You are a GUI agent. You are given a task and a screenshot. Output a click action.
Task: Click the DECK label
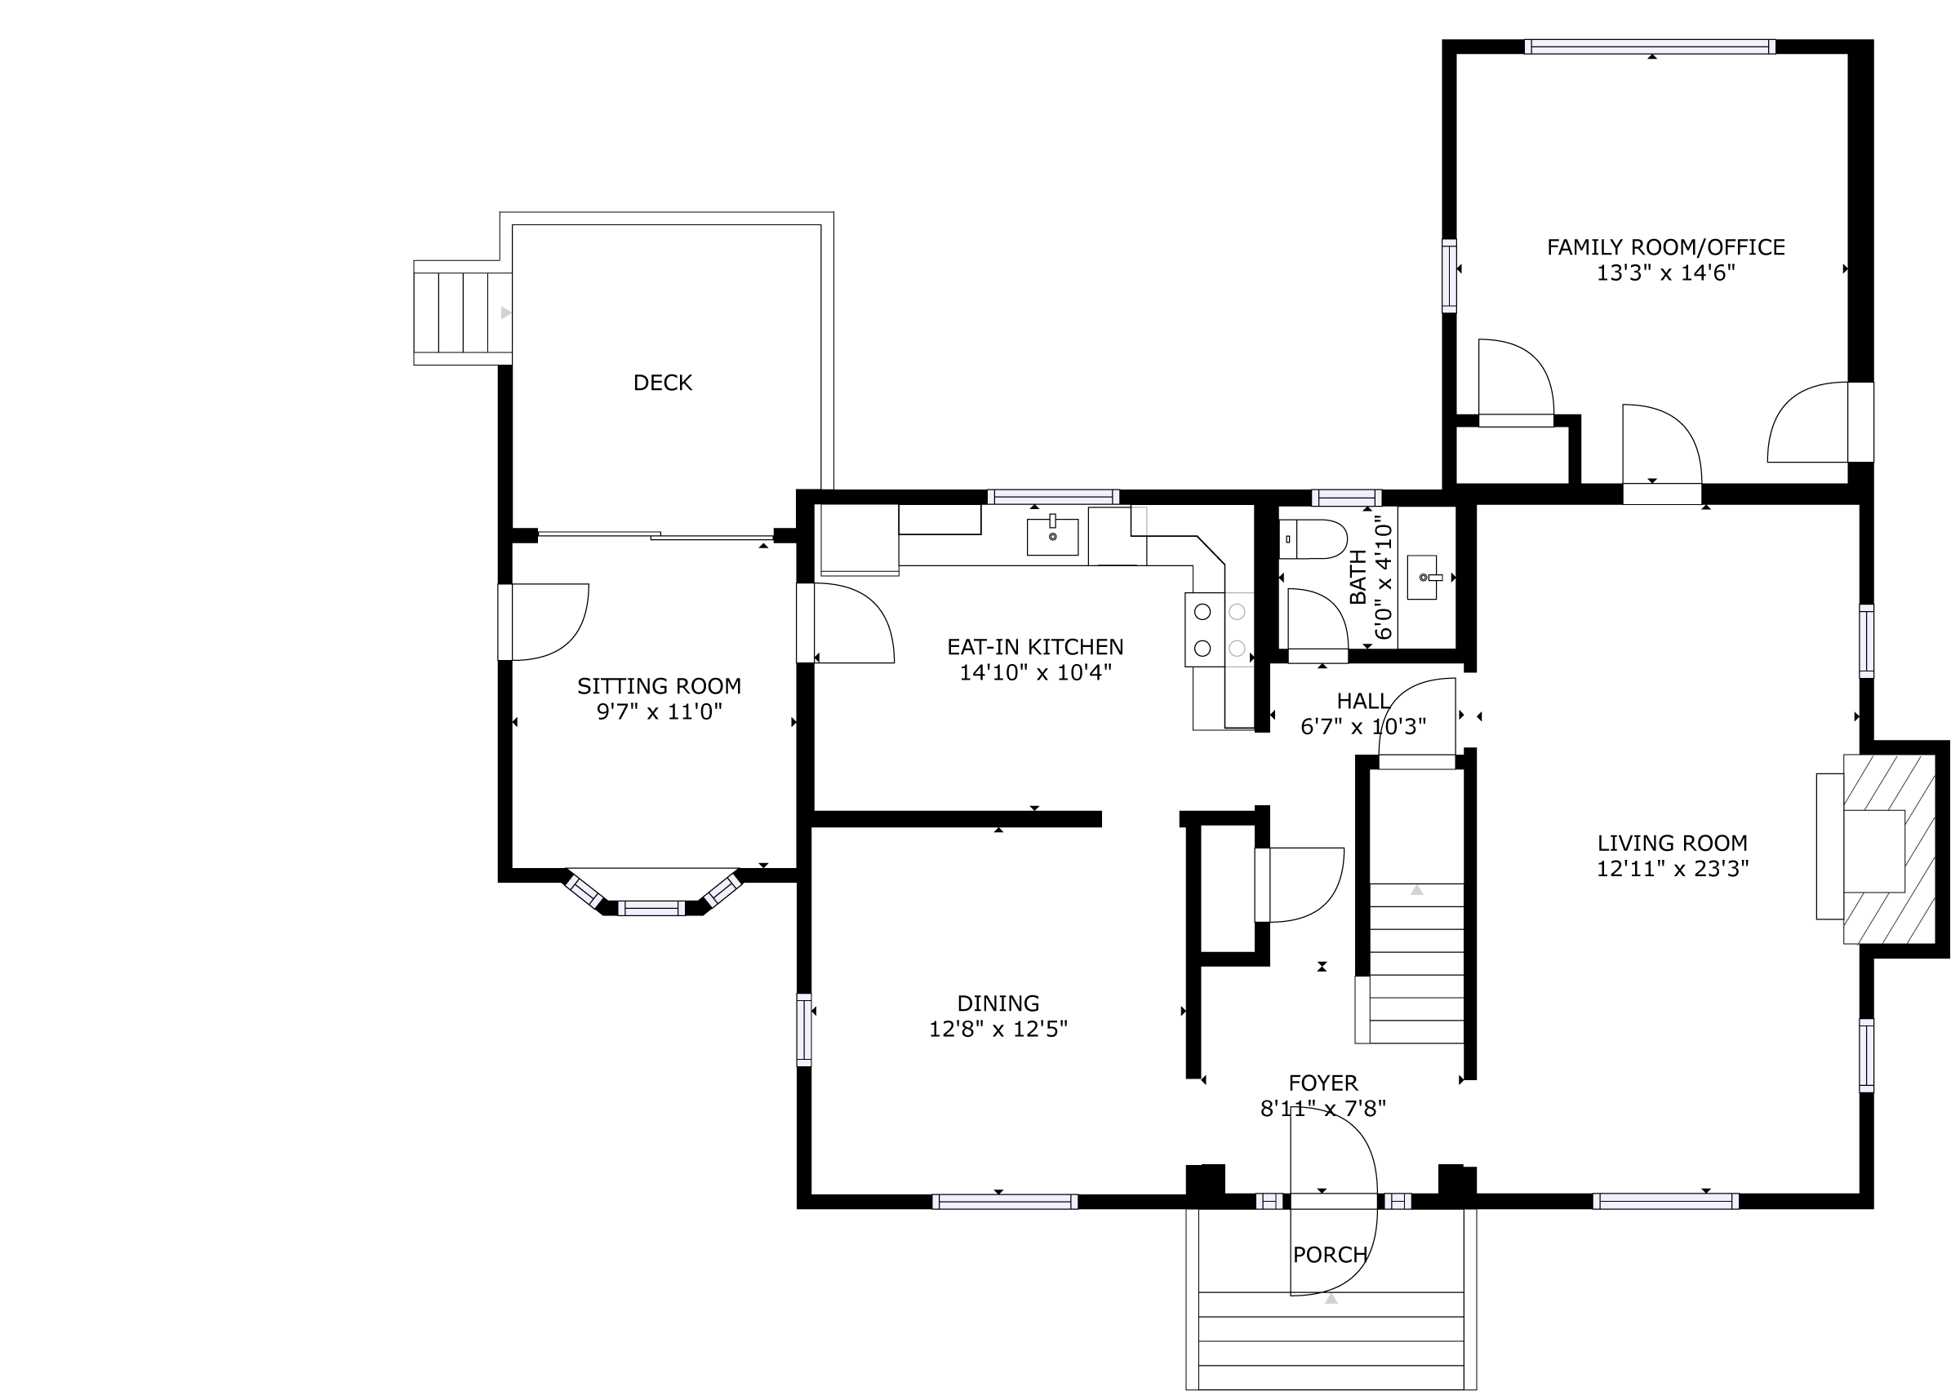click(662, 383)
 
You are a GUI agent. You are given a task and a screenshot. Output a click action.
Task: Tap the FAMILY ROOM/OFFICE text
click(1665, 247)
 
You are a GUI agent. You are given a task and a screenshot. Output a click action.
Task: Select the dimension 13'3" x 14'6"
click(1665, 273)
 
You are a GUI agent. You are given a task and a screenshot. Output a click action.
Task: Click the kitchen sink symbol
click(1052, 536)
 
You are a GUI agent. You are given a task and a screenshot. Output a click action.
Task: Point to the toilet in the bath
click(1313, 538)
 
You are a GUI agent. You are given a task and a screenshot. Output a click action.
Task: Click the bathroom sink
click(1423, 578)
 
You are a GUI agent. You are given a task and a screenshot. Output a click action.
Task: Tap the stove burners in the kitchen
click(1219, 630)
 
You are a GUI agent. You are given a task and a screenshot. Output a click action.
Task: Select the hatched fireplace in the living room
click(1888, 848)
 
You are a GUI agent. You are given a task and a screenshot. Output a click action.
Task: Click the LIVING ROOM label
click(1672, 843)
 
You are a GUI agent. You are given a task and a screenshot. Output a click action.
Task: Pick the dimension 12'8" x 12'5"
click(998, 1029)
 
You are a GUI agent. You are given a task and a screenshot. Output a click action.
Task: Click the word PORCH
click(1330, 1255)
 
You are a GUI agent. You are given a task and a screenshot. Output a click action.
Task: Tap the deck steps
click(463, 312)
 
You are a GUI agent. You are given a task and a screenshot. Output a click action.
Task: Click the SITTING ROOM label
click(659, 686)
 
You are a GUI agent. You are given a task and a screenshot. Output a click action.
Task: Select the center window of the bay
click(651, 908)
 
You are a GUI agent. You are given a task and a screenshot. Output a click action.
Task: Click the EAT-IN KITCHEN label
click(1035, 647)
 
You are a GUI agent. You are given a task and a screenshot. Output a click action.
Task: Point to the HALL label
click(1362, 701)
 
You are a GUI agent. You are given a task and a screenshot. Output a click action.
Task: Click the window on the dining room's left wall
click(804, 1029)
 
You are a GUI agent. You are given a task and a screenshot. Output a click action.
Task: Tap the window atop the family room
click(1650, 47)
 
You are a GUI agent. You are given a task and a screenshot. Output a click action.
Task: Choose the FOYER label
click(1323, 1083)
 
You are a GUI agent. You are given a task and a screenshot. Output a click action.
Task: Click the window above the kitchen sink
click(1053, 497)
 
